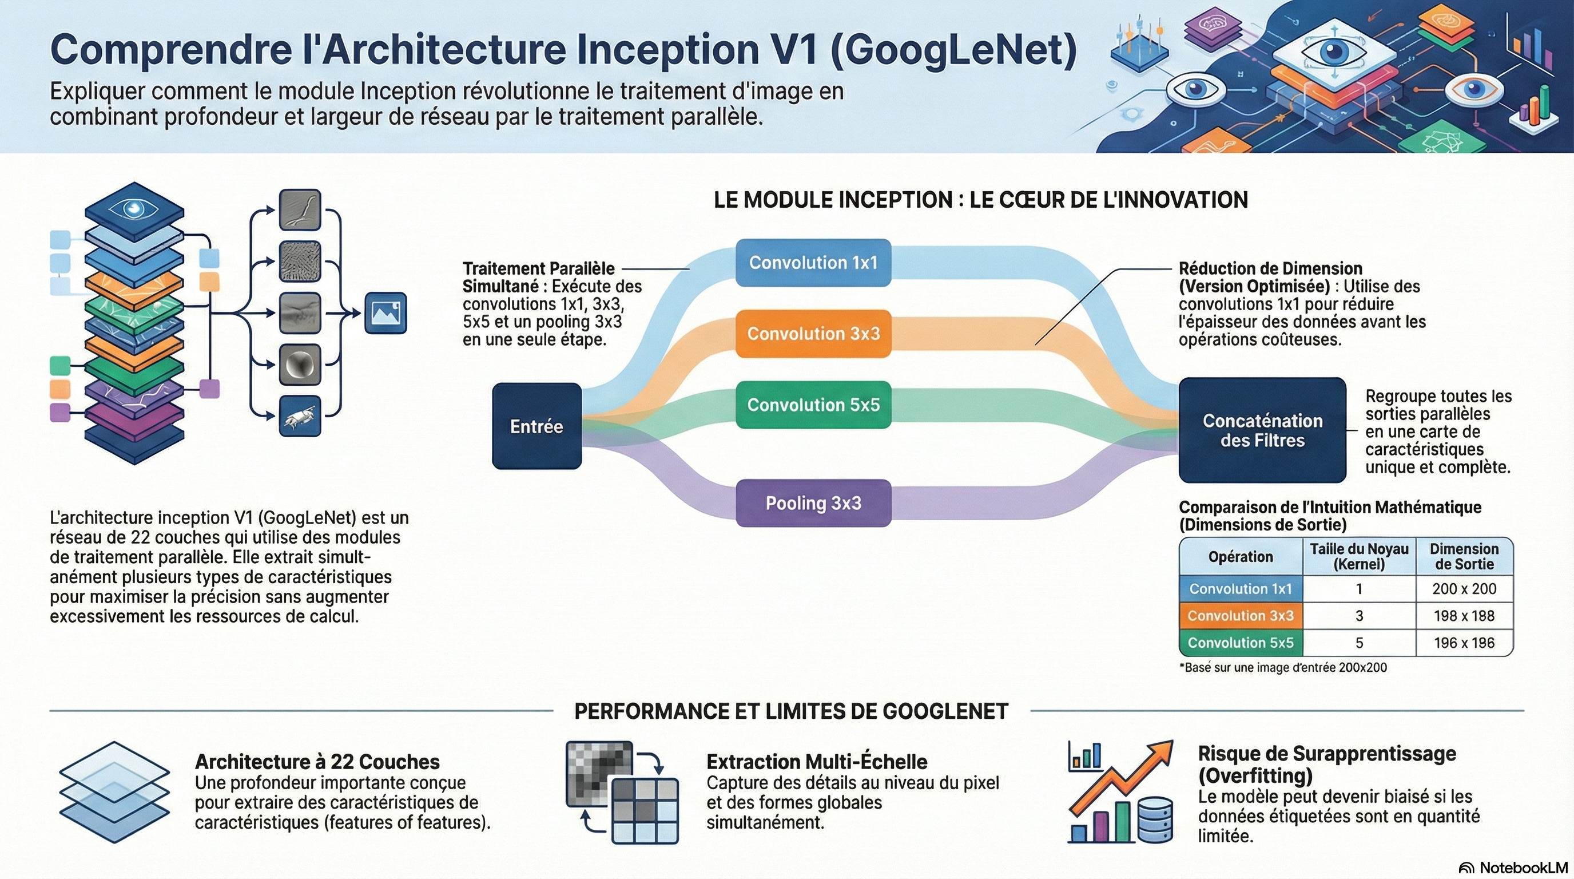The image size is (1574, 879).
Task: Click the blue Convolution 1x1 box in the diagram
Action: pos(813,263)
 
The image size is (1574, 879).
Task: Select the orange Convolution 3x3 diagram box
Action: pos(813,334)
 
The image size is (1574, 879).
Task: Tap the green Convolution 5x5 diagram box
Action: pos(813,405)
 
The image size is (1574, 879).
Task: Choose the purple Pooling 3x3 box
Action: pos(813,503)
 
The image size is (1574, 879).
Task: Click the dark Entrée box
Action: pos(536,426)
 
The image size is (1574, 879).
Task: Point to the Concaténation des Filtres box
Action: pos(1262,430)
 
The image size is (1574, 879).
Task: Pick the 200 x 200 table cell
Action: pos(1464,589)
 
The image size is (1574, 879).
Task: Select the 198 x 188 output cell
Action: pos(1464,616)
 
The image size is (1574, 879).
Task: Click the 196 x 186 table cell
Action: pos(1464,643)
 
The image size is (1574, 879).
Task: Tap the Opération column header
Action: pos(1241,557)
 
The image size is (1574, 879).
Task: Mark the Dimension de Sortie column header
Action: pos(1464,556)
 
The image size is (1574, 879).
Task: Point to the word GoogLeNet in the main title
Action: pos(953,50)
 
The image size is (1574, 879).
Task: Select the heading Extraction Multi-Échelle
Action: pos(816,762)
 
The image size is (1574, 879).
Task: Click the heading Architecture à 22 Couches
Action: pos(317,762)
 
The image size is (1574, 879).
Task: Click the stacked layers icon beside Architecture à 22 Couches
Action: pos(114,792)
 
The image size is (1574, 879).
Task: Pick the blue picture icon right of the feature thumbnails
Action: pos(385,313)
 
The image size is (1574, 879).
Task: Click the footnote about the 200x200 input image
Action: pos(1282,667)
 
